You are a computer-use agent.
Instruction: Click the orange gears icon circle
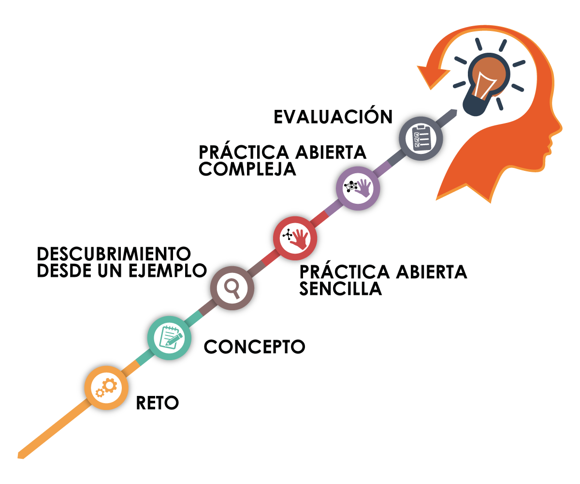point(106,388)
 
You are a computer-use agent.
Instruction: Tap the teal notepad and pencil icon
point(169,338)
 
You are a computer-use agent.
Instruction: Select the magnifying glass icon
point(232,288)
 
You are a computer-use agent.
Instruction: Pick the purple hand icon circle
point(358,188)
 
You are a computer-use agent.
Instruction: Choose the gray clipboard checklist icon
point(420,138)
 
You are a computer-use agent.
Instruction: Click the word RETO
point(158,403)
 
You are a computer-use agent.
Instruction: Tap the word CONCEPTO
point(255,347)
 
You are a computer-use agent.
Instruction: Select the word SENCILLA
point(340,289)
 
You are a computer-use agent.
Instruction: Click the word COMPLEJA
point(247,169)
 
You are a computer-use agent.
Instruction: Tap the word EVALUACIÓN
point(333,118)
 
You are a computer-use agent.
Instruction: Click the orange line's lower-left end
point(21,455)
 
